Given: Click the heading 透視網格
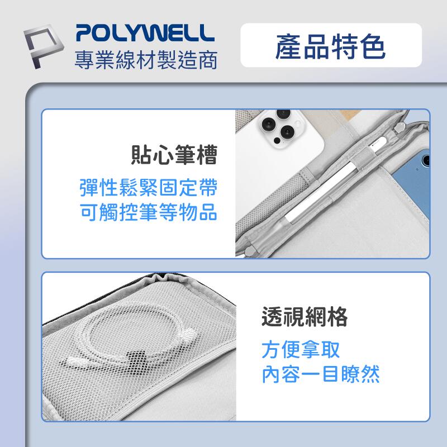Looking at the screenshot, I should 305,317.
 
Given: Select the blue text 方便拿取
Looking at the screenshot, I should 301,350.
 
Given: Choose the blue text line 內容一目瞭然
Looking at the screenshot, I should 321,375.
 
